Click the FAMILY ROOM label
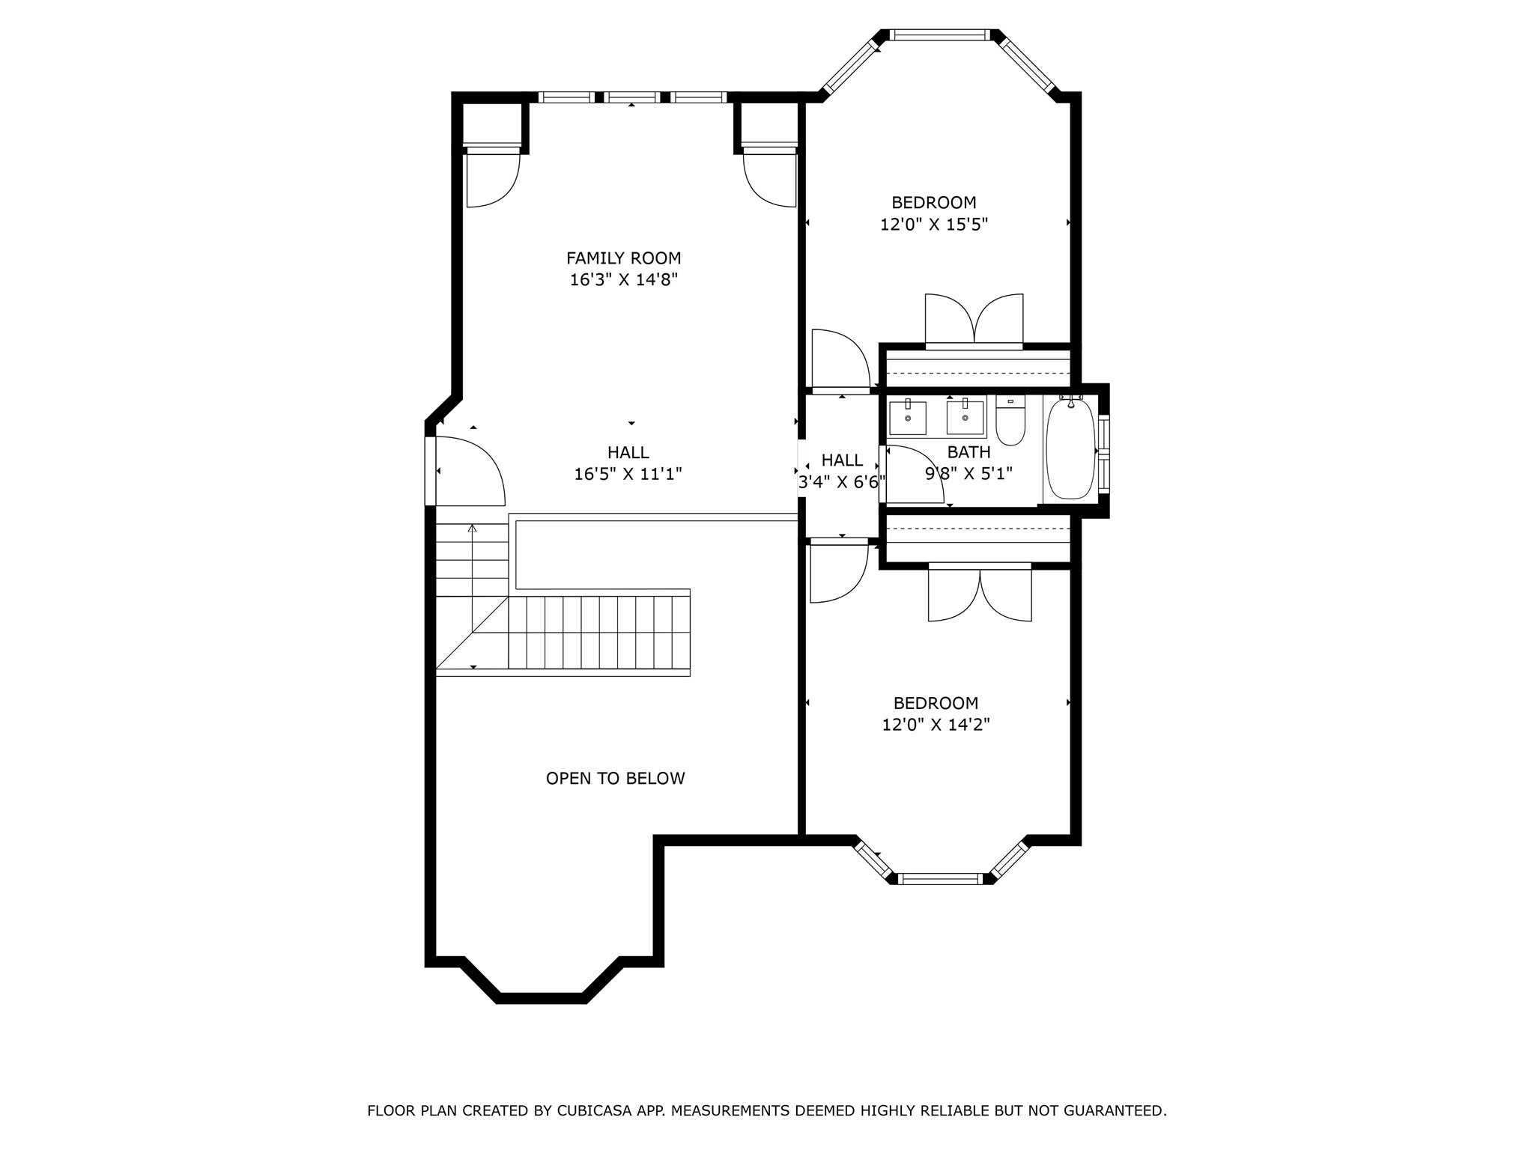pos(623,258)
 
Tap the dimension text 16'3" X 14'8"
pos(623,280)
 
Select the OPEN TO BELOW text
pos(615,779)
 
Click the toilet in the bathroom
pos(1010,423)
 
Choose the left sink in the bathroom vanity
pos(907,418)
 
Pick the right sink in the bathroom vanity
pos(965,418)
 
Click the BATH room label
pos(968,452)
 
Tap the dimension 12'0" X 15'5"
pos(934,225)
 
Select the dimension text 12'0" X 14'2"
pos(936,725)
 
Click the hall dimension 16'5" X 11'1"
pos(628,474)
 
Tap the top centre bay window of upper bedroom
pos(939,34)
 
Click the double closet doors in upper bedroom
pos(974,320)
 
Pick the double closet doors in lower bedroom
pos(980,595)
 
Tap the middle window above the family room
pos(632,97)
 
